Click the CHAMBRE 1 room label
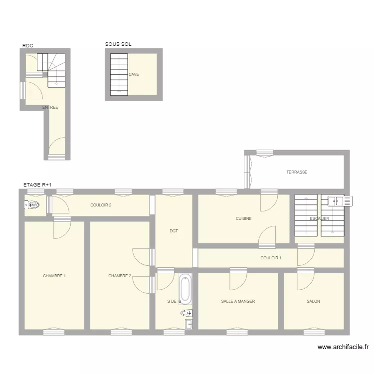pyautogui.click(x=54, y=276)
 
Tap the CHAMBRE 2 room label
pyautogui.click(x=120, y=276)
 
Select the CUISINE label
pyautogui.click(x=244, y=218)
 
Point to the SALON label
pyautogui.click(x=314, y=301)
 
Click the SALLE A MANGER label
pyautogui.click(x=238, y=301)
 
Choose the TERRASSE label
pyautogui.click(x=297, y=172)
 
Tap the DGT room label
pyautogui.click(x=174, y=231)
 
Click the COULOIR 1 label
pyautogui.click(x=271, y=258)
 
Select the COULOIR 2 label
pyautogui.click(x=101, y=205)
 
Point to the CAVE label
pyautogui.click(x=134, y=74)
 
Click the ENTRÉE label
pyautogui.click(x=50, y=107)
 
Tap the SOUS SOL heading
pyautogui.click(x=118, y=44)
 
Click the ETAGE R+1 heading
pyautogui.click(x=37, y=185)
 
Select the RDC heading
pyautogui.click(x=27, y=46)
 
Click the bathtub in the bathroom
pyautogui.click(x=185, y=289)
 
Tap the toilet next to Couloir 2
pyautogui.click(x=33, y=204)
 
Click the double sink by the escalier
pyautogui.click(x=340, y=201)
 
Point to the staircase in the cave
pyautogui.click(x=119, y=74)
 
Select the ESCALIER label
pyautogui.click(x=319, y=218)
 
